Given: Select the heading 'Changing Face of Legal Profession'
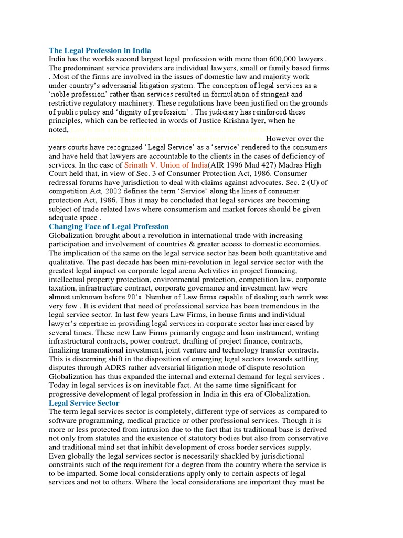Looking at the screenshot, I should pos(109,226).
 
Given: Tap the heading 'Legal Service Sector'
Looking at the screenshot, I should pos(84,403).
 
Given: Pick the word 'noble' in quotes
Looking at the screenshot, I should pos(63,95).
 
